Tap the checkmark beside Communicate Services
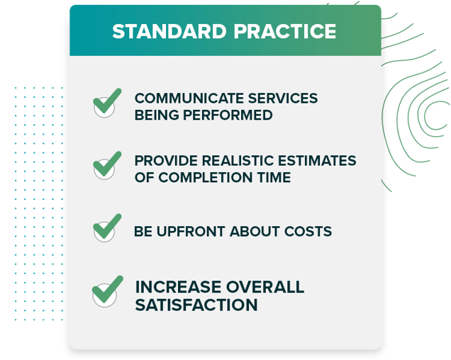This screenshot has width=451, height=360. coord(106,103)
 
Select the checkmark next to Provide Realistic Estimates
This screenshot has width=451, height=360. coord(106,165)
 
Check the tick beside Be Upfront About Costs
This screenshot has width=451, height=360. coord(106,227)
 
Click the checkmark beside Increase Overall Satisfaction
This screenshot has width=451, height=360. coord(107,291)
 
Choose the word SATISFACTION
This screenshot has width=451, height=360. coord(196,305)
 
